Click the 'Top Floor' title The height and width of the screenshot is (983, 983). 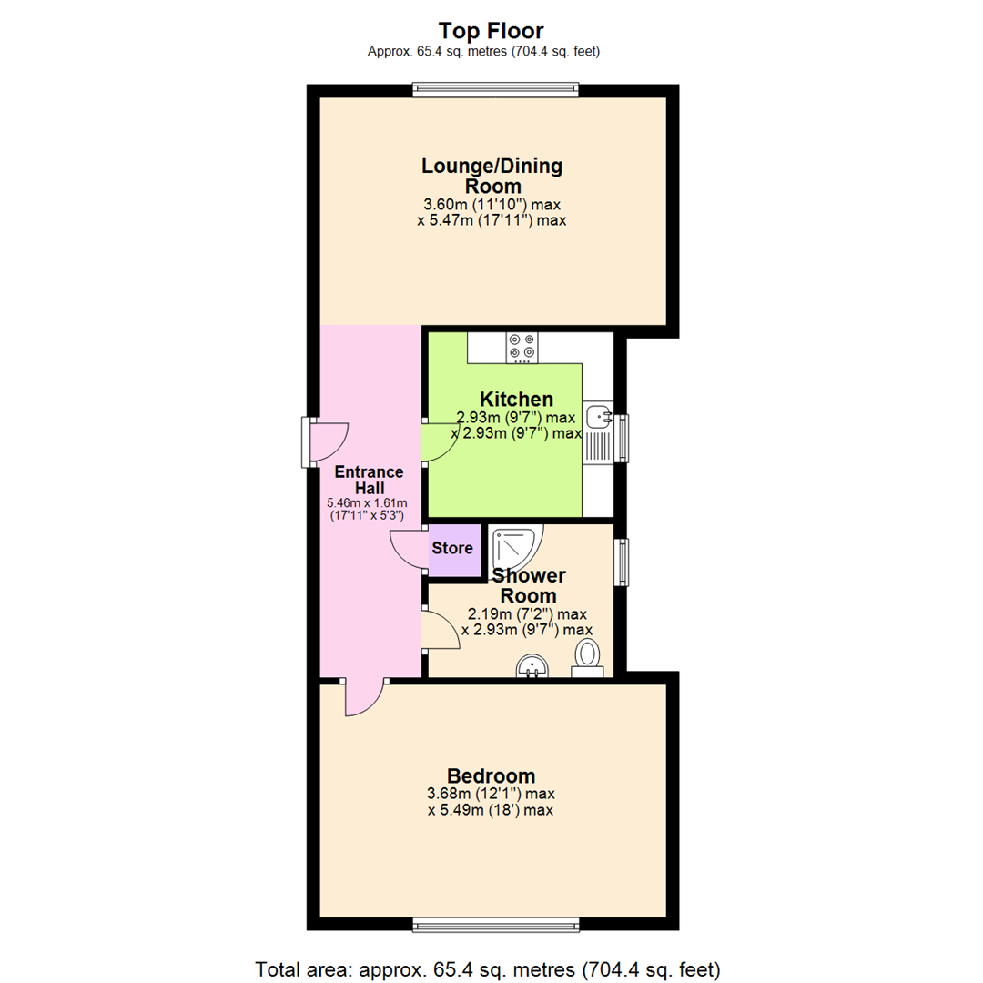[x=491, y=30]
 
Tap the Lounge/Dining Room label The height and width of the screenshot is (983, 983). [x=491, y=176]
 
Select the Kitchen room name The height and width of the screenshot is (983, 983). [x=516, y=400]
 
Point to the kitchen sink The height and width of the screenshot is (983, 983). [x=599, y=417]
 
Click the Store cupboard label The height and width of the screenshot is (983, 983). [x=452, y=549]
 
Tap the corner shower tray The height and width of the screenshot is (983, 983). [x=514, y=547]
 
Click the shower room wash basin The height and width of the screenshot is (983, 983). [x=532, y=667]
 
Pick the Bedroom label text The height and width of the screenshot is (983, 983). [x=491, y=776]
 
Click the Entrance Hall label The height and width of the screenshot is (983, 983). [x=369, y=480]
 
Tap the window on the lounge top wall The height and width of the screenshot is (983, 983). [x=494, y=89]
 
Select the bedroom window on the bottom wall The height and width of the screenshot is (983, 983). [x=494, y=925]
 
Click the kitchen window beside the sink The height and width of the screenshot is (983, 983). [x=623, y=438]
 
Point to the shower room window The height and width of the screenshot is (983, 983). [x=621, y=562]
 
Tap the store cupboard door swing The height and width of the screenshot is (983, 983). [x=408, y=549]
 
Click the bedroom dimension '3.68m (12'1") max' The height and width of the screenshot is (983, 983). [x=491, y=794]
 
